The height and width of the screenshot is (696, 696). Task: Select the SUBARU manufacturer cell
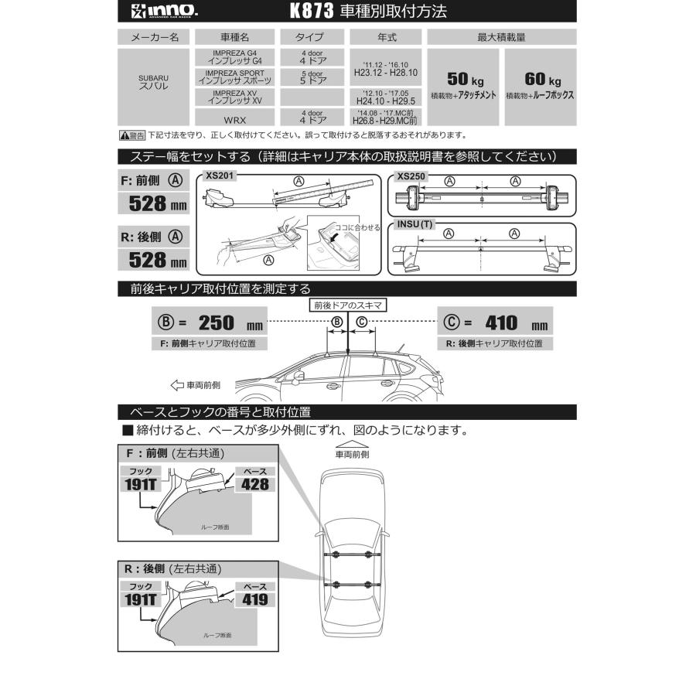pos(153,83)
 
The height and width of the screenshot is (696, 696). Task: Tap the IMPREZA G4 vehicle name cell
pos(235,56)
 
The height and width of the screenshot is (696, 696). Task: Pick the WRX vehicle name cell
pos(235,118)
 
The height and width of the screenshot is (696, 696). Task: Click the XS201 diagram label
pos(220,176)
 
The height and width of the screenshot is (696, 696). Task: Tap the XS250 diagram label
pos(411,176)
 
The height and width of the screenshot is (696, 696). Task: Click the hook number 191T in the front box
pos(141,484)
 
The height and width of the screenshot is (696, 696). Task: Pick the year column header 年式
pos(384,37)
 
